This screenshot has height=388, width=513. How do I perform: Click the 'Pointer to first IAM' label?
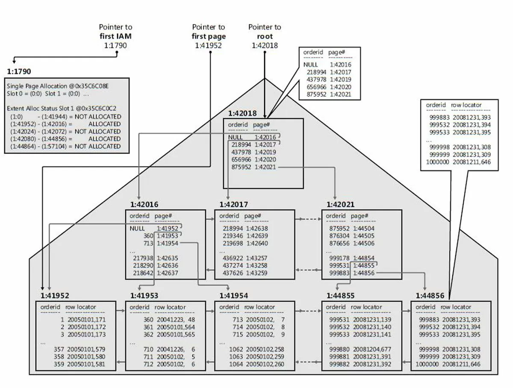pyautogui.click(x=115, y=36)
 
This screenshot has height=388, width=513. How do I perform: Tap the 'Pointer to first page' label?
pyautogui.click(x=209, y=36)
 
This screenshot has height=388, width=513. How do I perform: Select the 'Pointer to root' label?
pyautogui.click(x=265, y=36)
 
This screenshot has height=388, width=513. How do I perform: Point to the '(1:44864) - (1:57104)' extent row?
pyautogui.click(x=35, y=146)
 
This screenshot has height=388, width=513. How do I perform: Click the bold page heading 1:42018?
pyautogui.click(x=242, y=114)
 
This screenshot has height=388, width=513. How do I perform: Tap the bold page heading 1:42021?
pyautogui.click(x=340, y=205)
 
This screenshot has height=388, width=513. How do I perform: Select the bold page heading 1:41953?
pyautogui.click(x=144, y=295)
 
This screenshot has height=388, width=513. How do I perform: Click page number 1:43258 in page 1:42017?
pyautogui.click(x=257, y=265)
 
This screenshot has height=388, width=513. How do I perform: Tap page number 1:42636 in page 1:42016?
pyautogui.click(x=167, y=265)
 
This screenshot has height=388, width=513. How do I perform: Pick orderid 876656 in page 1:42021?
pyautogui.click(x=339, y=243)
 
